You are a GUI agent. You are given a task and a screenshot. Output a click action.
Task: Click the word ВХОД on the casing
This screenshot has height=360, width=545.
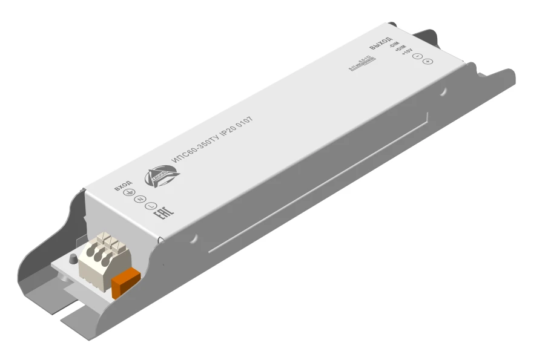122,186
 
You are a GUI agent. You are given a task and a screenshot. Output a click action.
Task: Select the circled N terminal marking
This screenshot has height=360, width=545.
140,199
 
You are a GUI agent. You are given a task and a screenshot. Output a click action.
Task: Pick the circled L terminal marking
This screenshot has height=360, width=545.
151,206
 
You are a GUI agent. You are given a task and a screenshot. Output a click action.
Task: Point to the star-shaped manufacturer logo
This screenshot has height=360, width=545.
162,175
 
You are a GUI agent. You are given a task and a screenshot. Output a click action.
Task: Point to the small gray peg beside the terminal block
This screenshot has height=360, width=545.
73,259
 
